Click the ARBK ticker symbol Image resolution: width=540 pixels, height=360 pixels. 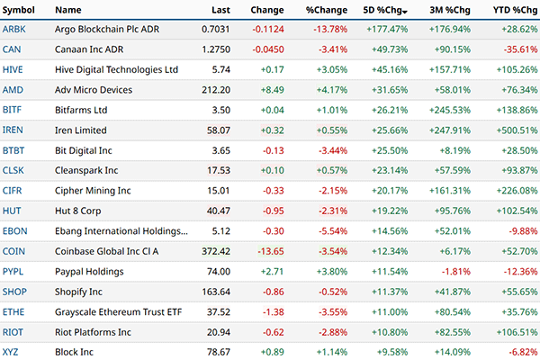14,30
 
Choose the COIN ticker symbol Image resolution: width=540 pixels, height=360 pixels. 14,250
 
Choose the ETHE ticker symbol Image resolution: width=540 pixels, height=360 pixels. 14,310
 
